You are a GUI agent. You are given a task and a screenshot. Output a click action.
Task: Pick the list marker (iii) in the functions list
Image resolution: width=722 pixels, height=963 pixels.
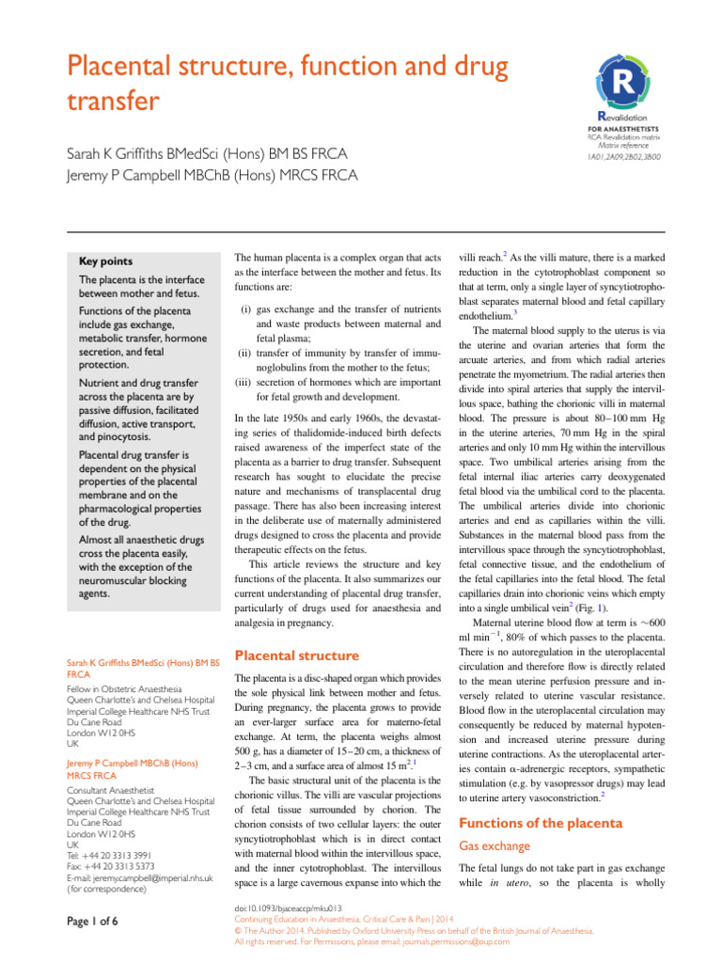coord(241,383)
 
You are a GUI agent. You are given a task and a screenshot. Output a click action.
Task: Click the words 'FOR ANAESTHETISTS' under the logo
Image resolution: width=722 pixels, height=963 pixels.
coord(622,128)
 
